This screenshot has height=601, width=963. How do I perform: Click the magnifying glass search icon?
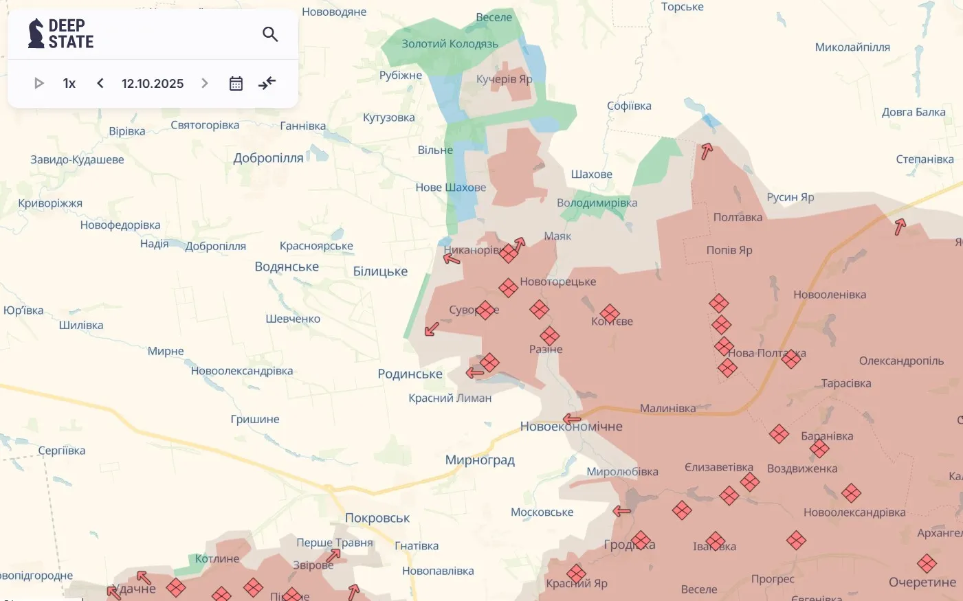click(270, 34)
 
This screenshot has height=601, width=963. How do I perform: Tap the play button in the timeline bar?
click(38, 83)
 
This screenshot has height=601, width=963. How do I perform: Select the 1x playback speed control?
click(69, 83)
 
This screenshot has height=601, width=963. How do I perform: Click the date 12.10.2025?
click(153, 83)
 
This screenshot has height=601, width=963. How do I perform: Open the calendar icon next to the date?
click(236, 83)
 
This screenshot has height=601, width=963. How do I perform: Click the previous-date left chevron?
click(100, 83)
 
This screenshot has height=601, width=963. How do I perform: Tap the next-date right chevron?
click(204, 83)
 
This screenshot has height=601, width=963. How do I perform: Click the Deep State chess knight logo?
click(36, 33)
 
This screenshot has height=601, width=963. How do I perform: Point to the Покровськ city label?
click(377, 518)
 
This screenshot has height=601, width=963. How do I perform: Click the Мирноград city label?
click(480, 460)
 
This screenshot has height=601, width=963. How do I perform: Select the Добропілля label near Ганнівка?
click(268, 158)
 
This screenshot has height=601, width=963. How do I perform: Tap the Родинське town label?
click(410, 374)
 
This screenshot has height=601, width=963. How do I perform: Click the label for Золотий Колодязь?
click(450, 44)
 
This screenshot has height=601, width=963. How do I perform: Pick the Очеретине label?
click(922, 582)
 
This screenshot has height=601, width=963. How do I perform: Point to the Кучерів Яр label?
click(504, 79)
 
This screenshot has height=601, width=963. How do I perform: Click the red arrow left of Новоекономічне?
click(571, 418)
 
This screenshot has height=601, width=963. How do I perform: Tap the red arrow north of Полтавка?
click(706, 151)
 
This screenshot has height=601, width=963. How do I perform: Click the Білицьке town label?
click(380, 271)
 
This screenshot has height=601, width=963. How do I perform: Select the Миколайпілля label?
click(852, 47)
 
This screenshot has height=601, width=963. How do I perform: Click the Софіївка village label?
click(629, 106)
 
